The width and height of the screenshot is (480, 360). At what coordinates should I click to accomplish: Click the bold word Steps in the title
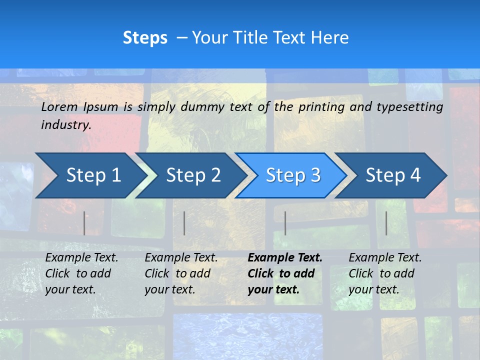(x=145, y=38)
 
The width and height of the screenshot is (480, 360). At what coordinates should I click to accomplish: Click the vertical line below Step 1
(x=84, y=223)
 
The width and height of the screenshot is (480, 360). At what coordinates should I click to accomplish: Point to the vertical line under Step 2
(x=184, y=223)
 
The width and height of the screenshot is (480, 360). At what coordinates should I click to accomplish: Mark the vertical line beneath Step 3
(x=285, y=223)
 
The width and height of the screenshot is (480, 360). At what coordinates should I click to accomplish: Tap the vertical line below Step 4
(x=386, y=223)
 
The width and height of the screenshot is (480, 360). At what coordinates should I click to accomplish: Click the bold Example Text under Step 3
(x=285, y=258)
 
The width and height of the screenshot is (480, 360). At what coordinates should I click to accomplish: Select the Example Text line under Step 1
(x=81, y=258)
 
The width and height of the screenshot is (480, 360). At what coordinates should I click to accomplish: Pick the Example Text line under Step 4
(x=385, y=258)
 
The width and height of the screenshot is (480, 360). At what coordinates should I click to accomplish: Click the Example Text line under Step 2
(x=181, y=258)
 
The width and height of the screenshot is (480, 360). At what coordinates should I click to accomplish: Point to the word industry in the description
(x=66, y=125)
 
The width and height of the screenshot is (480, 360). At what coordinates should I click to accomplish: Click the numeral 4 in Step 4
(x=415, y=175)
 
